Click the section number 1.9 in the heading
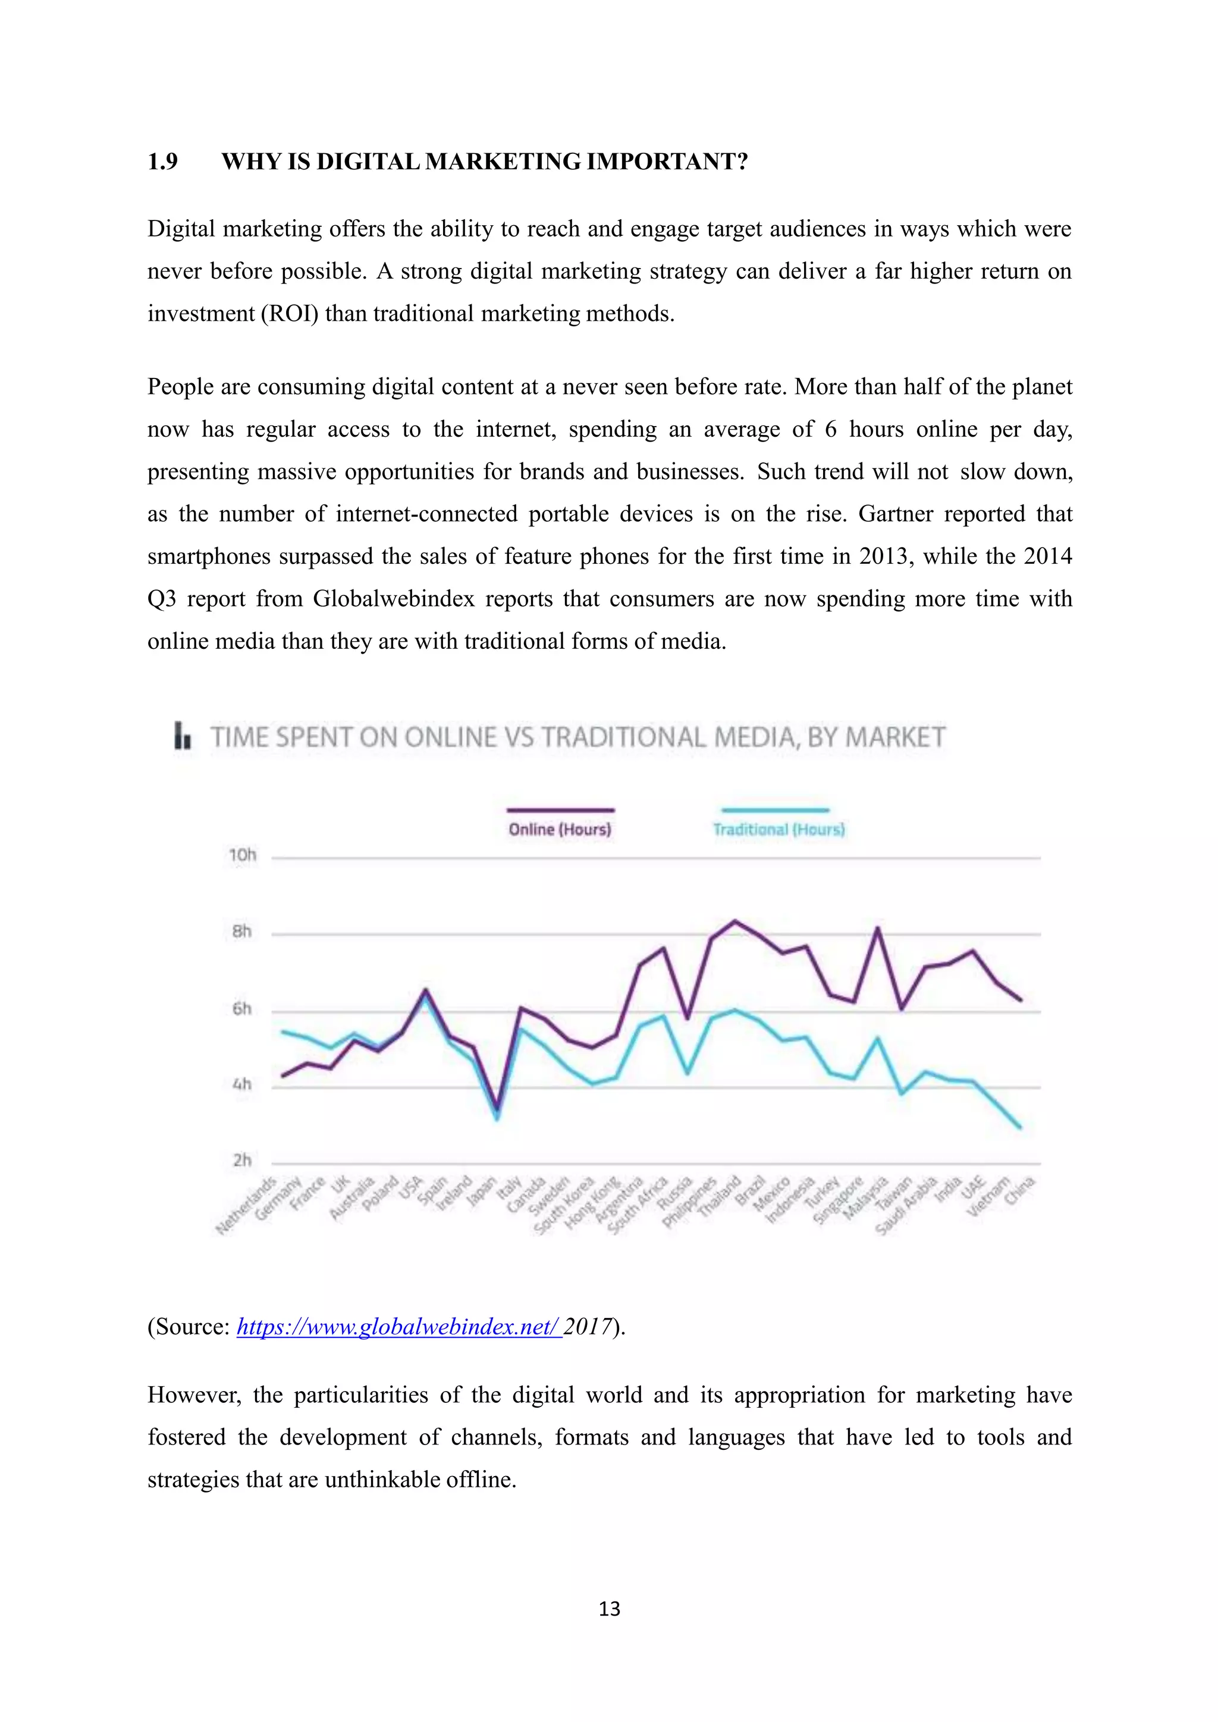click(x=162, y=161)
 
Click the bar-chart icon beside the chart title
click(x=183, y=736)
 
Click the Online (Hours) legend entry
click(x=560, y=829)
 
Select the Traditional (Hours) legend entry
click(x=778, y=829)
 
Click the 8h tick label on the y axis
click(x=241, y=932)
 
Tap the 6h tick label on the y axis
click(x=241, y=1009)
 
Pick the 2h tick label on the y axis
click(x=241, y=1160)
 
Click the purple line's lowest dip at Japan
click(x=496, y=1109)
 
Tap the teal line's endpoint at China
click(x=1019, y=1127)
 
